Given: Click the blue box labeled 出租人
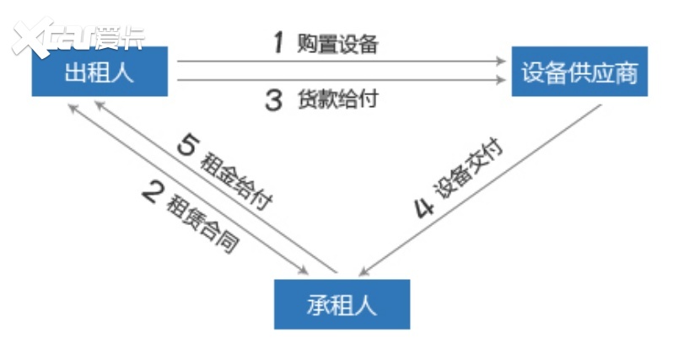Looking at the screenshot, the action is [100, 72].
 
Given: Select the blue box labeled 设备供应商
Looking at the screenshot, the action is [579, 72].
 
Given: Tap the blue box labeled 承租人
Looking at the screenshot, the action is [342, 304].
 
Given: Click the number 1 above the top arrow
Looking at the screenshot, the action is [278, 43].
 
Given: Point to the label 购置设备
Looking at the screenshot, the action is [337, 44].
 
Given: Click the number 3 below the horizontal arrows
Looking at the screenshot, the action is [274, 99].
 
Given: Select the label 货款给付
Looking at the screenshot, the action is [337, 99].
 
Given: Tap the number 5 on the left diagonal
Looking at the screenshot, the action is [188, 144].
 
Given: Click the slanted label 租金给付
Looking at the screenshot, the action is [236, 181].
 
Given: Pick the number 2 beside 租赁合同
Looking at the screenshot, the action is [153, 191].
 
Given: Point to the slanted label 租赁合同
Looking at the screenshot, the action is [203, 223].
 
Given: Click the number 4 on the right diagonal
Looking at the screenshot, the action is [424, 207].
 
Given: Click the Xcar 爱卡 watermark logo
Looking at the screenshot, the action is [78, 36].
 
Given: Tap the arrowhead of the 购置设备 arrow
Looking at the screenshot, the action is [501, 61].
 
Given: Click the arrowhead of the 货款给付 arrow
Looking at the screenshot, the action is [501, 80].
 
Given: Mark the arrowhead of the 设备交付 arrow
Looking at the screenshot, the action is [364, 271].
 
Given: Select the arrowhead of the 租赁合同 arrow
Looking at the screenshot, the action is [303, 270].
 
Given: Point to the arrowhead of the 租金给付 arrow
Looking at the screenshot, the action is [100, 106].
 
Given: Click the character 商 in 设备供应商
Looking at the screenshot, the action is [627, 73].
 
